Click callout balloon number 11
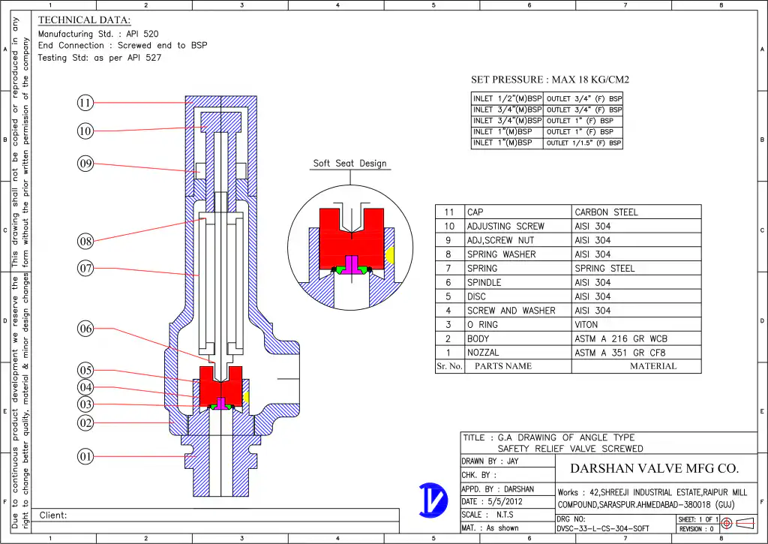tap(85, 103)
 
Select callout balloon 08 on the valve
tap(85, 241)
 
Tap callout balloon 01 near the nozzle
tap(85, 456)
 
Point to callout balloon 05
tap(85, 370)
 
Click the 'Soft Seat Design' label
tap(349, 164)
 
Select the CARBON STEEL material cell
tap(606, 212)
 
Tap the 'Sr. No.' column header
tap(450, 366)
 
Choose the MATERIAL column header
tap(652, 366)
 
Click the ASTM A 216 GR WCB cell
tap(620, 339)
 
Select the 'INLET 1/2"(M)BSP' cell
tap(507, 99)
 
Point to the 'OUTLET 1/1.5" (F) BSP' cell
tap(583, 143)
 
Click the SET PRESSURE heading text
tap(550, 80)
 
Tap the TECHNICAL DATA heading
tap(84, 20)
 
